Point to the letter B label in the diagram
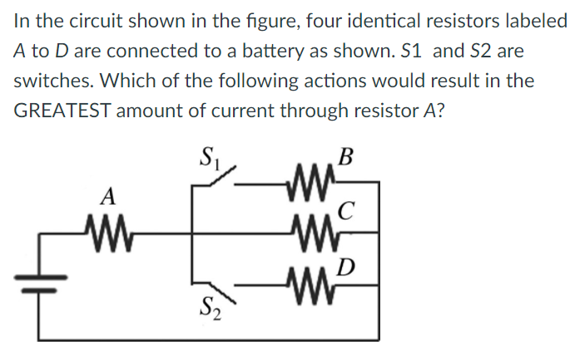click(347, 156)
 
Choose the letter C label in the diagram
click(349, 210)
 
